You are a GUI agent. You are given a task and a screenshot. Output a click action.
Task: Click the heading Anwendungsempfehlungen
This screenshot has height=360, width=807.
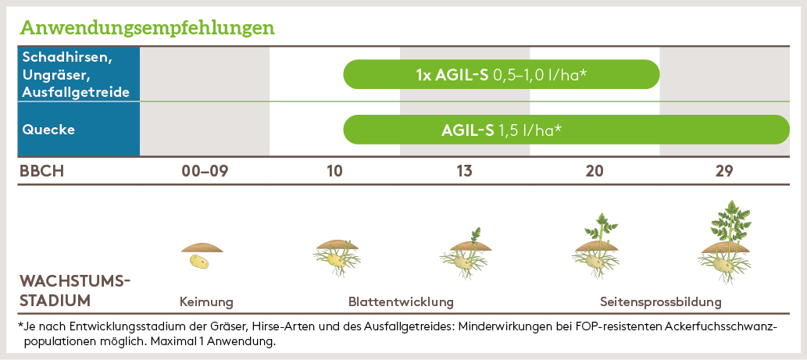pos(147,27)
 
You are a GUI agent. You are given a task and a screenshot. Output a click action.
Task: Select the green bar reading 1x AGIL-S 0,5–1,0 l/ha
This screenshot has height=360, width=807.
pos(501,74)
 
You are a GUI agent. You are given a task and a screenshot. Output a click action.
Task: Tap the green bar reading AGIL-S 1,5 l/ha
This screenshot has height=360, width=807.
pos(566,130)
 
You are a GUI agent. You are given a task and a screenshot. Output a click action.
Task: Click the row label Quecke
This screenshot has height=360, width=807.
pos(49,130)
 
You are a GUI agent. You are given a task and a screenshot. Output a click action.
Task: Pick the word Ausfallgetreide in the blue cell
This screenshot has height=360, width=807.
pos(76,92)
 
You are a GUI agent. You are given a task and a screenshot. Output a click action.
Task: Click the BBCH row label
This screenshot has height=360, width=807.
pos(41,171)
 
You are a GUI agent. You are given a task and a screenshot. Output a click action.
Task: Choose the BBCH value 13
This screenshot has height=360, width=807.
pos(464,171)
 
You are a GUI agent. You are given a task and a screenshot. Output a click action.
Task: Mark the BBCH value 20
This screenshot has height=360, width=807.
pos(594,171)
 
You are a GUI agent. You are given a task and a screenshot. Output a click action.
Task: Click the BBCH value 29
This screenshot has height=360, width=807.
pos(723,171)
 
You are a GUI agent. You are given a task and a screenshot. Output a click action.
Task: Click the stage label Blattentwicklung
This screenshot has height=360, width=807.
pos(401,301)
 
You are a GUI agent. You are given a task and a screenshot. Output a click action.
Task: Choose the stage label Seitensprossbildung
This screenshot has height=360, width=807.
pos(660,301)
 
